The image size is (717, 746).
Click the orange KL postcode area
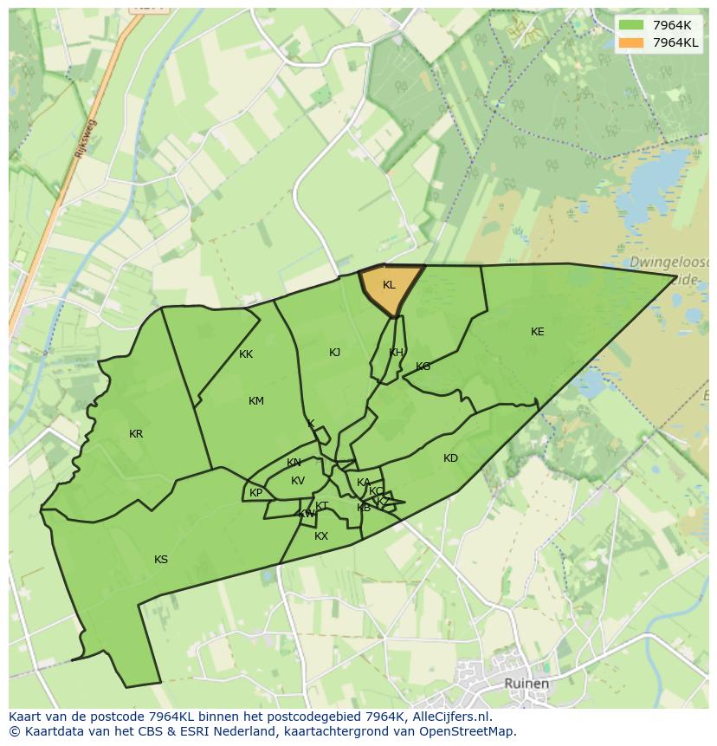pos(389,286)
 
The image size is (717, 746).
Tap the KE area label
pos(538,332)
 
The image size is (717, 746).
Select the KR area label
pos(136,434)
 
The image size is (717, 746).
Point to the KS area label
pos(161,560)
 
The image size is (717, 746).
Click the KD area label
pos(450,458)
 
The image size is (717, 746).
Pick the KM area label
pos(256,401)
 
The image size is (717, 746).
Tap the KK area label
pos(246,354)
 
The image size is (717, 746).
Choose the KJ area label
pos(335,352)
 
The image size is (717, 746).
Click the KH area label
pos(396,353)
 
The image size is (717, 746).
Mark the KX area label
pos(321,536)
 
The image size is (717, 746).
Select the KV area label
pos(298,481)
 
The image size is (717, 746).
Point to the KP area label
pos(255,493)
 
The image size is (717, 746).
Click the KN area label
pos(294,463)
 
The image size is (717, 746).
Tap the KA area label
pos(364,483)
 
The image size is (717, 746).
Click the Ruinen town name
pos(526,684)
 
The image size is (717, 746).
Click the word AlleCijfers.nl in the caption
pos(449,717)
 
